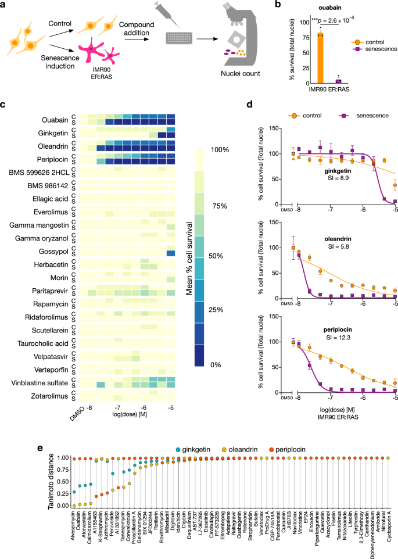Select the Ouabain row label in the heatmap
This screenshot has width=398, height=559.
click(55, 120)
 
